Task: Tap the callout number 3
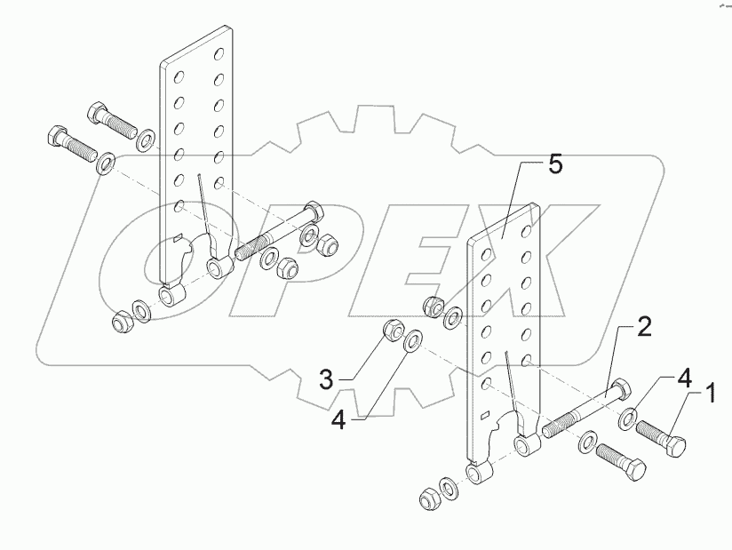point(328,380)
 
